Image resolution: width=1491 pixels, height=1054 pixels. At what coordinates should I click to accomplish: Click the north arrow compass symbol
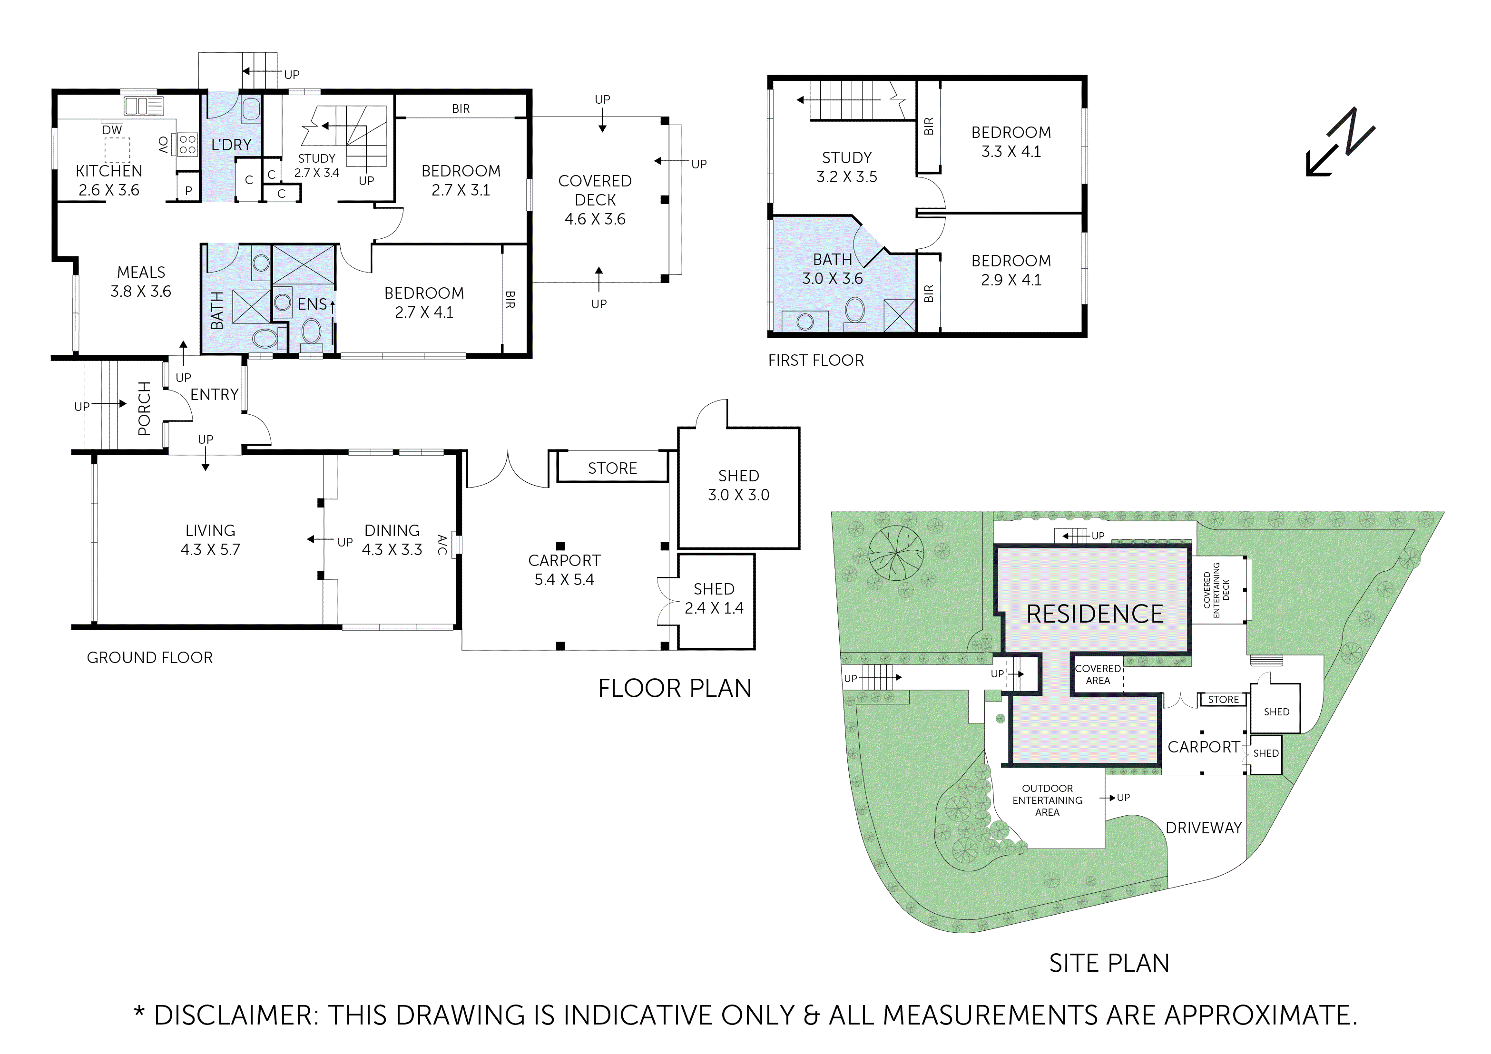[1340, 142]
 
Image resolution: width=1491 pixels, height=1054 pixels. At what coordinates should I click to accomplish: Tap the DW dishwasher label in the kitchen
[112, 130]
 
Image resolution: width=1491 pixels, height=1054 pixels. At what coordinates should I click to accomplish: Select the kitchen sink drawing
[144, 106]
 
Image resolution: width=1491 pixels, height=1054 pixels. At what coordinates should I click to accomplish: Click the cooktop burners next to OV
[187, 144]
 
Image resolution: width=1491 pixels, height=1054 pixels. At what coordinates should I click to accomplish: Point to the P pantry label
[188, 191]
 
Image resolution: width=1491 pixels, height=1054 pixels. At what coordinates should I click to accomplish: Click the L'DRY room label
[231, 145]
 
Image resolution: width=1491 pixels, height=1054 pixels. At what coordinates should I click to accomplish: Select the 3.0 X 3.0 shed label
[738, 485]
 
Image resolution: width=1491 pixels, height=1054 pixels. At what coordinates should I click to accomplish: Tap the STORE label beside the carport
[612, 468]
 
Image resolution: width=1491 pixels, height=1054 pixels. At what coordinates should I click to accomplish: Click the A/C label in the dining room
[441, 544]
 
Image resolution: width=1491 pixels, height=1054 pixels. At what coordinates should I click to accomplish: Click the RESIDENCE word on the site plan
[1095, 614]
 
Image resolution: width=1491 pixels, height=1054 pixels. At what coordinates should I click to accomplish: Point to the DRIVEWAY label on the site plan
[1203, 828]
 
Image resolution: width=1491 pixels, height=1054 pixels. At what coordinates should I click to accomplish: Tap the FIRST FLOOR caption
[815, 361]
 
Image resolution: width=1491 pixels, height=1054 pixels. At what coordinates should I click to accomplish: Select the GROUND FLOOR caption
[149, 657]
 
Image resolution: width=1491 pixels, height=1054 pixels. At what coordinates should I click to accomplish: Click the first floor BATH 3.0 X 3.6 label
[832, 269]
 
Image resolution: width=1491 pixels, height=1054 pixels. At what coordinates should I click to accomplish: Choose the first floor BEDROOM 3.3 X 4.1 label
[1011, 142]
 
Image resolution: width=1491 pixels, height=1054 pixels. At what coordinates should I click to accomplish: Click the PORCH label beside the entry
[144, 409]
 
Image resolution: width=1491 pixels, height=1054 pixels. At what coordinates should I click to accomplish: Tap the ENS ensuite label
[313, 304]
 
